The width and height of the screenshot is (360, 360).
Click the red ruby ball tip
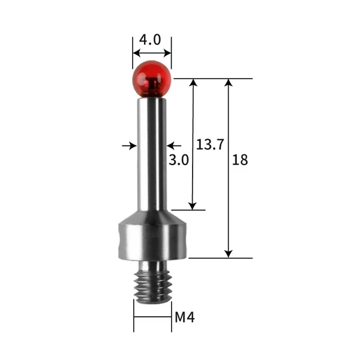coord(152,79)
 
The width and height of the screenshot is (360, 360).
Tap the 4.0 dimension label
coord(150,40)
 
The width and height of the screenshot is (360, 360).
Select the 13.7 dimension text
coord(210,145)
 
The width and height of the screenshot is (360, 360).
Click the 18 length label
coord(240,160)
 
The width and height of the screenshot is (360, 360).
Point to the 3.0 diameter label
coord(179,160)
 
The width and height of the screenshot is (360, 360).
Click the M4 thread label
coord(185,317)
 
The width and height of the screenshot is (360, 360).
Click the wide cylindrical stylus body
coord(152,242)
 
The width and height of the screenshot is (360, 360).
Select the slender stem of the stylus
coord(152,154)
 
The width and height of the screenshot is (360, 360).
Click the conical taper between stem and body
coord(152,217)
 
